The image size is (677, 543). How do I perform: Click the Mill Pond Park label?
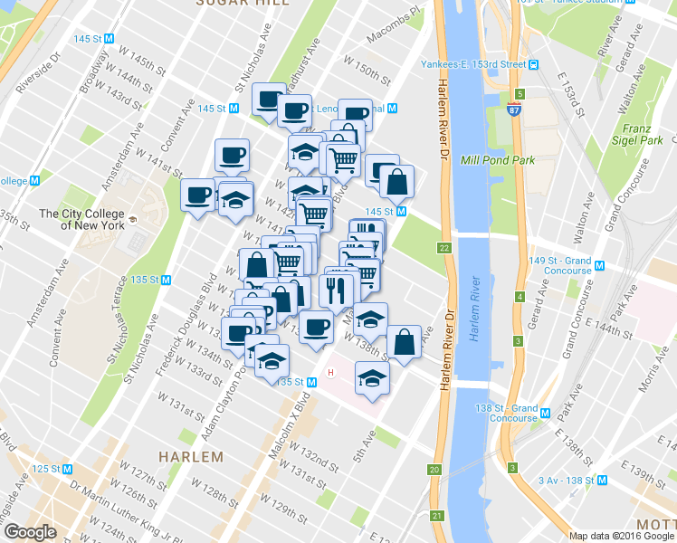498,160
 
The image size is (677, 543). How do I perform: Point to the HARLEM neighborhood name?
191,456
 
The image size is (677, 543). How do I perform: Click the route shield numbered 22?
443,248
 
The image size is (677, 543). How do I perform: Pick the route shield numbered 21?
439,516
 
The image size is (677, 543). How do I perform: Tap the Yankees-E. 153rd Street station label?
473,64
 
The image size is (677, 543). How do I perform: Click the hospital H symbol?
330,373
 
